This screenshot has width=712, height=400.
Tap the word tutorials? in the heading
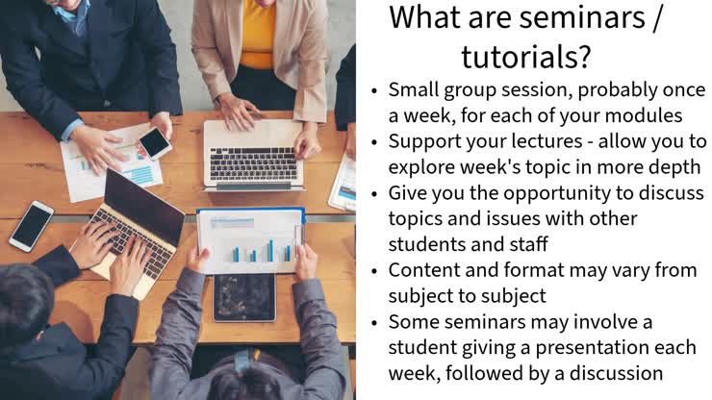click(x=524, y=57)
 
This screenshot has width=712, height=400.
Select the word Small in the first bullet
click(x=416, y=89)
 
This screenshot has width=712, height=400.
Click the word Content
click(x=424, y=269)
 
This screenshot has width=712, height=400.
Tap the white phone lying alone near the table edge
click(x=31, y=225)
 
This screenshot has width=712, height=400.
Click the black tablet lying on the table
click(x=243, y=297)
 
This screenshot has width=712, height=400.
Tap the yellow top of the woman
click(x=257, y=34)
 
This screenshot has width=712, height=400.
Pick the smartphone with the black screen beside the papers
click(x=154, y=143)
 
